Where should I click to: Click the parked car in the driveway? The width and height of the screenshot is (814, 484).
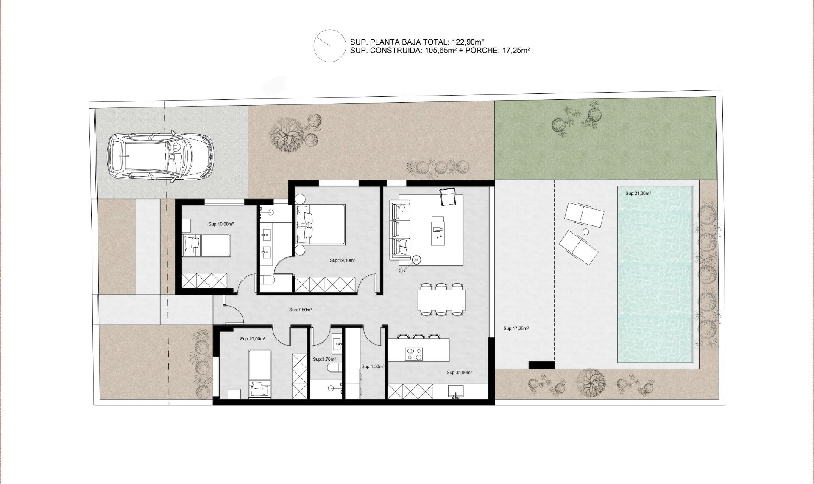[x=160, y=157]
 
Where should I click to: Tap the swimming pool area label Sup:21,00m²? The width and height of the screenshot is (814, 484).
[x=638, y=194]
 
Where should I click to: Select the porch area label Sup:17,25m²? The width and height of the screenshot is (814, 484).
[x=516, y=329]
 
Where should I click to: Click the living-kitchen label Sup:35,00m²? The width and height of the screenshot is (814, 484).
[x=459, y=373]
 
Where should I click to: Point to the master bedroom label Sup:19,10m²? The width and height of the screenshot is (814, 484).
[x=342, y=261]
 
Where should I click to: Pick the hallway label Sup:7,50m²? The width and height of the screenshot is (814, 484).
[x=301, y=310]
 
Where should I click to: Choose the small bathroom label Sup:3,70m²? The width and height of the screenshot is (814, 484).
[x=324, y=360]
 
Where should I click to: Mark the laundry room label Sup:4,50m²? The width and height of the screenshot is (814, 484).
[x=373, y=366]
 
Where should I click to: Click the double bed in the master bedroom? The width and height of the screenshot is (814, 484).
[x=321, y=225]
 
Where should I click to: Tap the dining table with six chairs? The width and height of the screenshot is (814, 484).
[x=441, y=299]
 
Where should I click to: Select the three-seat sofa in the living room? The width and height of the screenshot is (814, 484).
[x=400, y=231]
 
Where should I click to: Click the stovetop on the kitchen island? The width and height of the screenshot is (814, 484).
[x=414, y=354]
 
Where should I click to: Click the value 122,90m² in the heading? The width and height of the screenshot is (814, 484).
[x=467, y=42]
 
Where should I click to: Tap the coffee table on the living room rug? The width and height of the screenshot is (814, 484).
[x=438, y=231]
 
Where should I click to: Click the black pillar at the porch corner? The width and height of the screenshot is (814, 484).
[x=541, y=365]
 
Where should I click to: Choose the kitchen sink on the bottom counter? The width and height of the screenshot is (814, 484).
[x=456, y=391]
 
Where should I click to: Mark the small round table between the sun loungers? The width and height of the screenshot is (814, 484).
[x=585, y=232]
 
